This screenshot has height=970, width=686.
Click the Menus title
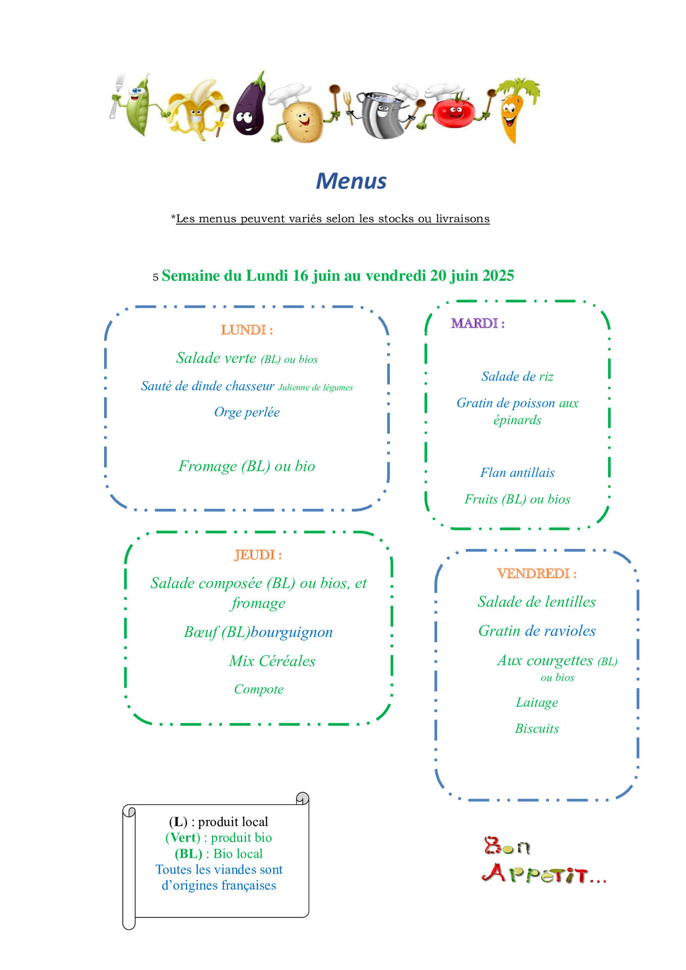pyautogui.click(x=351, y=181)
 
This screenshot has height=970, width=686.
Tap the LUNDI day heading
pyautogui.click(x=247, y=330)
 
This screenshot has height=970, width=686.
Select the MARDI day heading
pyautogui.click(x=478, y=323)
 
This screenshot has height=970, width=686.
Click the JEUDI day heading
pyautogui.click(x=258, y=555)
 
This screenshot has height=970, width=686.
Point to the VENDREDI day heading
pyautogui.click(x=537, y=573)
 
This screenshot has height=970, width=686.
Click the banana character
pyautogui.click(x=194, y=109)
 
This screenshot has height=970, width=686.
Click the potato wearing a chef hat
pyautogui.click(x=301, y=114)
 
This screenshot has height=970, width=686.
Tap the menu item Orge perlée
pyautogui.click(x=247, y=412)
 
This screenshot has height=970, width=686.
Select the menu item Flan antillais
pyautogui.click(x=517, y=473)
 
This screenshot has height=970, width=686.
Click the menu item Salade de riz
pyautogui.click(x=517, y=376)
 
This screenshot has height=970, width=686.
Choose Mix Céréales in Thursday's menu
pyautogui.click(x=272, y=661)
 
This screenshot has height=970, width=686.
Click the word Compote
pyautogui.click(x=259, y=690)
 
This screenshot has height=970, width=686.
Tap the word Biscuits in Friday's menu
pyautogui.click(x=537, y=729)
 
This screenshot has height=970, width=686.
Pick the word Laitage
pyautogui.click(x=537, y=703)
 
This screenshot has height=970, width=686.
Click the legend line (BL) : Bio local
pyautogui.click(x=219, y=854)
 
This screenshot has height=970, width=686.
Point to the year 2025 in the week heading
pyautogui.click(x=498, y=275)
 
